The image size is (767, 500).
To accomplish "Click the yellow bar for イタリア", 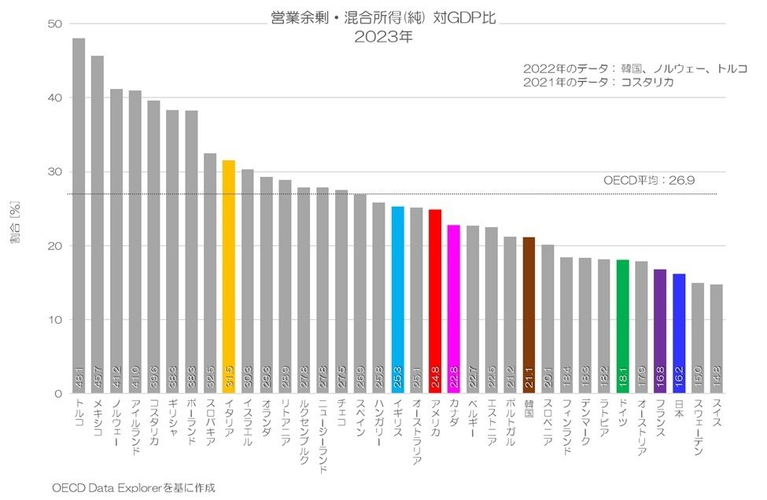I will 228,275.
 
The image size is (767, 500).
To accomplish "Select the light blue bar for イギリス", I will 397,299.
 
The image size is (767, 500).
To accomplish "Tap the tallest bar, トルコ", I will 79,212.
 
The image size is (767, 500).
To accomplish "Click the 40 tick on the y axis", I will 56,98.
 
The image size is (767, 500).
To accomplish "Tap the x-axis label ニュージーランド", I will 323,441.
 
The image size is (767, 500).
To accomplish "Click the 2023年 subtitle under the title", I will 383,36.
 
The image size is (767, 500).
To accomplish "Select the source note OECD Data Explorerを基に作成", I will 133,487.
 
